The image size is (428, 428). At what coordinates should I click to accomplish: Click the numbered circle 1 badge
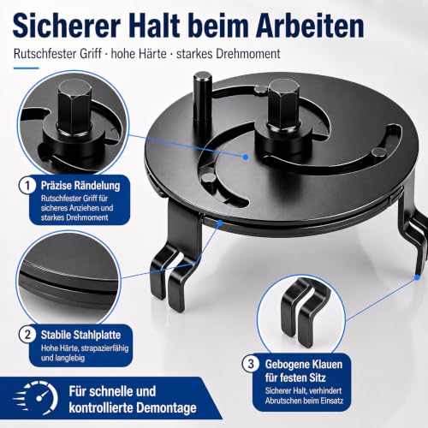(27, 186)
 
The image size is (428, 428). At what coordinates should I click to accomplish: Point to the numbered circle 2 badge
(27, 334)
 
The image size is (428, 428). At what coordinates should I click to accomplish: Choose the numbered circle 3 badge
(251, 364)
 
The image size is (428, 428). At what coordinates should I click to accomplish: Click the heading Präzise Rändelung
(80, 186)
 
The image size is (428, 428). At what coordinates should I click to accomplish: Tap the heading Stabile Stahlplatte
(80, 335)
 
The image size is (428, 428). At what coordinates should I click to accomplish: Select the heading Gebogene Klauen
(304, 365)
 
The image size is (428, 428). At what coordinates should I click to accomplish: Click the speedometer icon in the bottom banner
(36, 398)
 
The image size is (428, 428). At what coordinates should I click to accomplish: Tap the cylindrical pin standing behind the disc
(203, 100)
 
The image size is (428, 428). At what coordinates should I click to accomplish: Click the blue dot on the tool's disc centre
(246, 157)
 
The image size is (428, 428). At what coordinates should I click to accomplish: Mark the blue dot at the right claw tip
(417, 276)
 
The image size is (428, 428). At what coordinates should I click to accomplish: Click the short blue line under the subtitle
(26, 68)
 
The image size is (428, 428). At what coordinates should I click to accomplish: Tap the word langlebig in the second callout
(63, 358)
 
